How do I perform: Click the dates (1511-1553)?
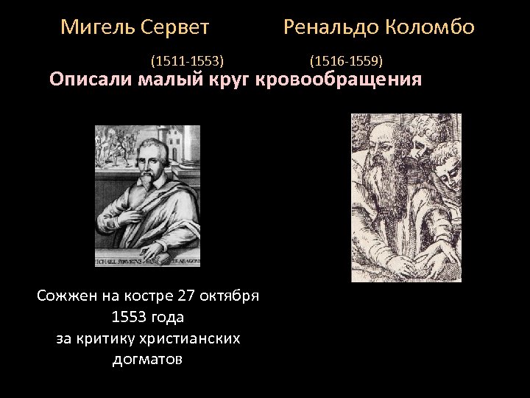tap(188, 60)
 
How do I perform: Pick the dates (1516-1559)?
tap(346, 60)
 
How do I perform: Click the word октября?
tap(236, 297)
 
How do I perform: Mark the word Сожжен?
tap(66, 297)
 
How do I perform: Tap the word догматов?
tap(148, 360)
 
